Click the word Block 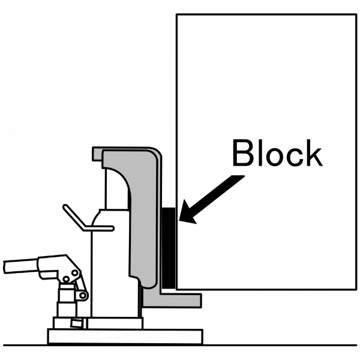pyautogui.click(x=277, y=154)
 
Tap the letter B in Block pyautogui.click(x=244, y=154)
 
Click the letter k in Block pyautogui.click(x=312, y=154)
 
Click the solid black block pyautogui.click(x=169, y=246)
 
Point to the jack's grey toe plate pyautogui.click(x=180, y=298)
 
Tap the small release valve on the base pyautogui.click(x=76, y=324)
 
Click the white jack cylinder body pyautogui.click(x=108, y=264)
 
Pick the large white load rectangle pyautogui.click(x=264, y=90)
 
